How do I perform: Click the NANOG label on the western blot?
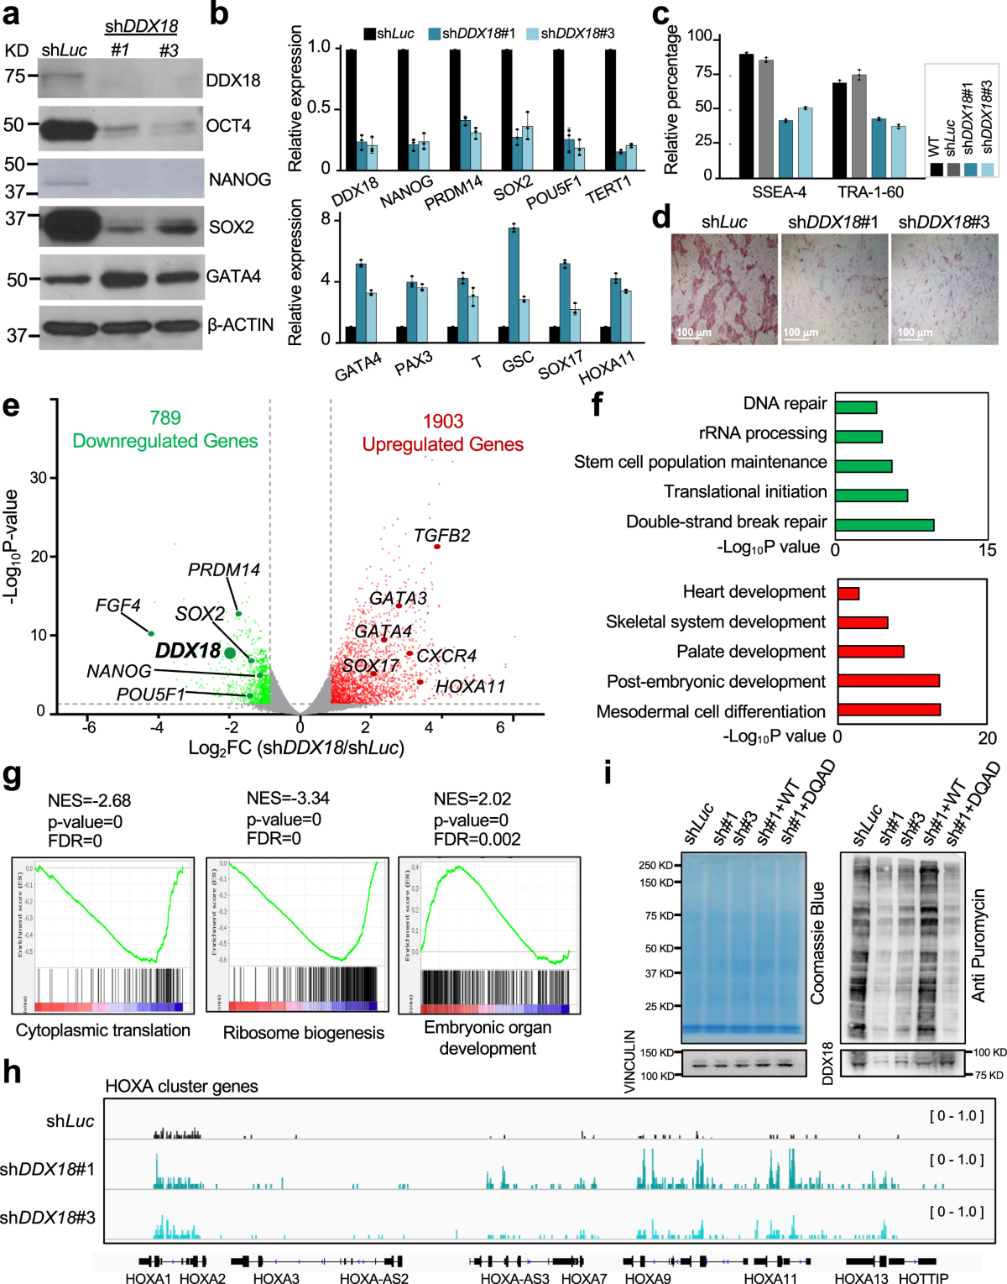pos(239,180)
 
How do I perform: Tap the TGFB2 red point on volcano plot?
pos(437,547)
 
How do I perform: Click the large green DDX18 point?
pos(230,652)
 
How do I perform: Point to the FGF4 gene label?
pos(117,605)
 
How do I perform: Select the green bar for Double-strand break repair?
pos(884,525)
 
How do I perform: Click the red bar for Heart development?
pos(848,594)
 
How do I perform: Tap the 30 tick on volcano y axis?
pos(39,478)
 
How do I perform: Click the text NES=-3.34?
pos(288,798)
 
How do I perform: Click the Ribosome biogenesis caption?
pos(303,1033)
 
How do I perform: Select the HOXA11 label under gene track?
pos(770,1278)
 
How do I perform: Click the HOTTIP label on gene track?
pos(923,1278)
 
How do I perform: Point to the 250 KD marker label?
pos(655,865)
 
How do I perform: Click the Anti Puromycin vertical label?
pos(978,945)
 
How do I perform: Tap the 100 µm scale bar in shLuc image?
pos(694,333)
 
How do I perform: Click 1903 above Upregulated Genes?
pos(442,422)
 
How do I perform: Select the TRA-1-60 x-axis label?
pos(870,192)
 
